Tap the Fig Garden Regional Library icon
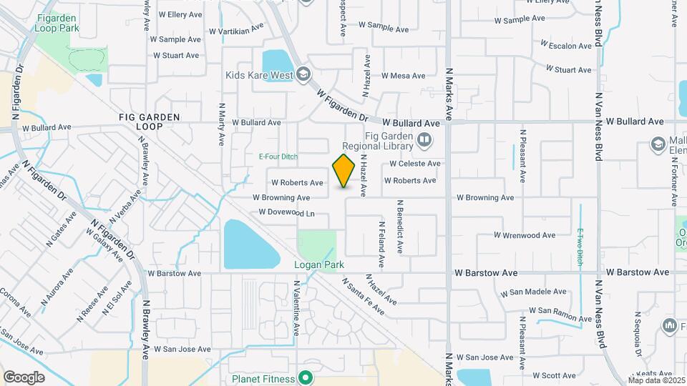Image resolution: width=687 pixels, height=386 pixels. pyautogui.click(x=424, y=140)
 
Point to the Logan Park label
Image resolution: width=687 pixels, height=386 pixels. pyautogui.click(x=319, y=264)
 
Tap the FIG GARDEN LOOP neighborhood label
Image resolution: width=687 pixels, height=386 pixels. pyautogui.click(x=150, y=121)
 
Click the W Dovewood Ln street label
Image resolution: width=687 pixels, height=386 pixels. pyautogui.click(x=287, y=212)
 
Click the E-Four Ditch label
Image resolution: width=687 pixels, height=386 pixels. pyautogui.click(x=278, y=156)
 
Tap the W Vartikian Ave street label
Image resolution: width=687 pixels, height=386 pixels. pyautogui.click(x=236, y=29)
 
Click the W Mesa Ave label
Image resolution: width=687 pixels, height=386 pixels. pyautogui.click(x=403, y=76)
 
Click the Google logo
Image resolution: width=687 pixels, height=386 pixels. pyautogui.click(x=24, y=377)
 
